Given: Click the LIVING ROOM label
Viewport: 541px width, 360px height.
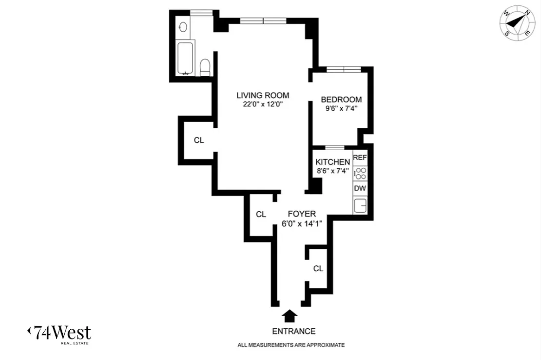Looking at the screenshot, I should click(x=263, y=95).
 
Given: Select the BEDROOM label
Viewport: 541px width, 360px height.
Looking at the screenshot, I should click(x=341, y=100).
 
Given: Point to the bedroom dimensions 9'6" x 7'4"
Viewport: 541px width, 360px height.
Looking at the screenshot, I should click(x=341, y=108).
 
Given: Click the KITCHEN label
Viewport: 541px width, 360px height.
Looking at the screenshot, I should click(x=332, y=162).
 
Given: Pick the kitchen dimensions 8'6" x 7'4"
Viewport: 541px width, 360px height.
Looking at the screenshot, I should click(x=332, y=171).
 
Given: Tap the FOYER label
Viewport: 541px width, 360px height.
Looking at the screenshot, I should click(x=302, y=214).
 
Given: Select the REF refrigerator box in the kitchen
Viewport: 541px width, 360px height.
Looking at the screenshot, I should click(x=360, y=158).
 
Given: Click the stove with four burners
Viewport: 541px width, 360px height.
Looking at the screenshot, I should click(x=360, y=173).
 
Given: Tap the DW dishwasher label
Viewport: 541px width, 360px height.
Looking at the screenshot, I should click(x=360, y=188).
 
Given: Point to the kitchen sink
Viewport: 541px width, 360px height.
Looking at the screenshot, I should click(x=360, y=205).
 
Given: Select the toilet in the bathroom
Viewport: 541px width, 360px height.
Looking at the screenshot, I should click(x=205, y=67).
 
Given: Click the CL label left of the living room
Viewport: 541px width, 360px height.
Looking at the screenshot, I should click(x=198, y=140).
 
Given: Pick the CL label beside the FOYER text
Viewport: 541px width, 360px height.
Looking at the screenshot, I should click(x=261, y=214).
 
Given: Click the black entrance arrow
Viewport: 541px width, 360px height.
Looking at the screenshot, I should click(x=290, y=316).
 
